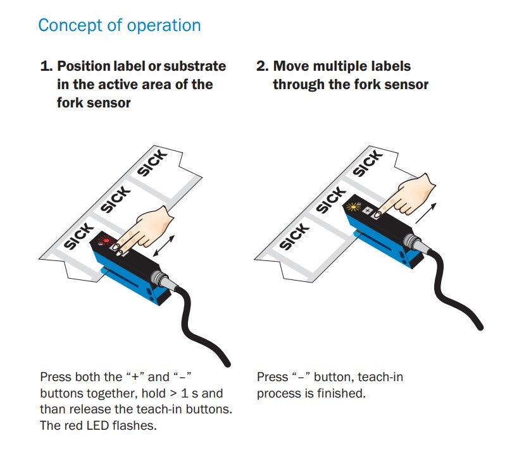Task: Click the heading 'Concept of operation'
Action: click(120, 26)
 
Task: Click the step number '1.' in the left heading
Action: click(46, 66)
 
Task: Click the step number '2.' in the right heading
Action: click(263, 66)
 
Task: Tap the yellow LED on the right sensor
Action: click(353, 207)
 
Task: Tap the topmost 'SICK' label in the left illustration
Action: click(153, 163)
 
